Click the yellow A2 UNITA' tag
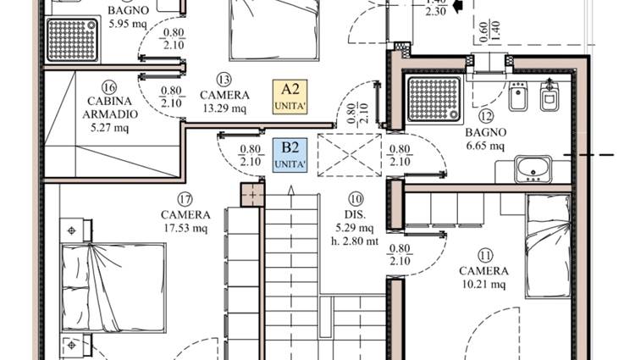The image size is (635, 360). pos(290,97)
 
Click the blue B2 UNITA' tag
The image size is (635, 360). pos(290,155)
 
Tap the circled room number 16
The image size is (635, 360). pos(109,87)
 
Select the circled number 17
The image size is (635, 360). pos(185,199)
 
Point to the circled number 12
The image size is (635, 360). pos(486,117)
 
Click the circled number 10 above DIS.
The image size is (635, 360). pos(356,199)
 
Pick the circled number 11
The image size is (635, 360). pos(485,256)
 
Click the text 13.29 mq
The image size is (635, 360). pos(224,108)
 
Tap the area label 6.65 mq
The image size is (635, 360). pos(485,146)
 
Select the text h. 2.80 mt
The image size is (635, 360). pos(355,241)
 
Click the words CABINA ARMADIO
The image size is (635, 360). pos(110,108)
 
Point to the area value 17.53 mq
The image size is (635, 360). pos(185,228)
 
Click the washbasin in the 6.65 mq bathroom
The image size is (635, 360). pos(533,169)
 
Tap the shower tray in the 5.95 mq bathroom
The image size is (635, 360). pos(72,40)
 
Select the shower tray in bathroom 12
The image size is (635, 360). pos(433,100)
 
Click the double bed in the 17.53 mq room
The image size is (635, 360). pos(113,288)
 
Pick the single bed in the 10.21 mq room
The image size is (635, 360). pos(549,246)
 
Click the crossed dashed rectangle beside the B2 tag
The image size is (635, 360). pos(350,155)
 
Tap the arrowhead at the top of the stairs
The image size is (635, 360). pos(290,190)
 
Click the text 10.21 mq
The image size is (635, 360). pos(484,285)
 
